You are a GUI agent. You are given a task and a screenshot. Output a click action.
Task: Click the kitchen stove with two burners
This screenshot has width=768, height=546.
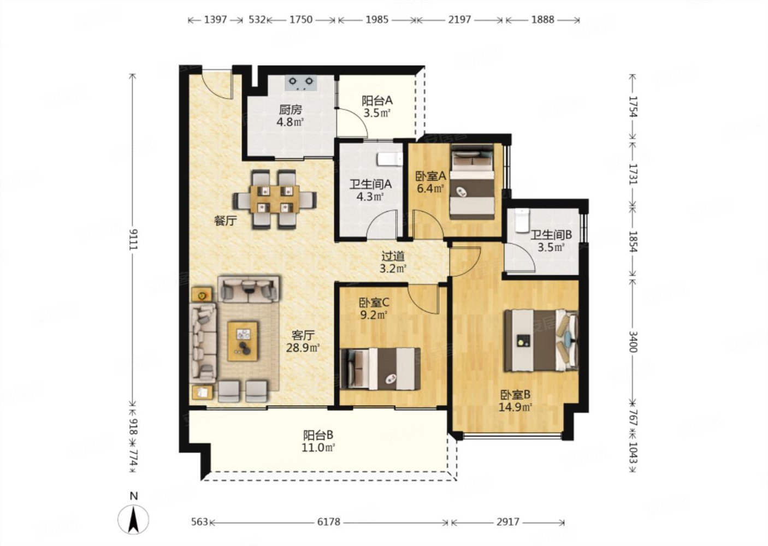coord(300,83)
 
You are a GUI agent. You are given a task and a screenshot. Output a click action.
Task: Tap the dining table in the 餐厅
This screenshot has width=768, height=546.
coord(275,199)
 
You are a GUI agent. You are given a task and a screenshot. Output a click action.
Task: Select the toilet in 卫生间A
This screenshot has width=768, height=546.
coord(390,159)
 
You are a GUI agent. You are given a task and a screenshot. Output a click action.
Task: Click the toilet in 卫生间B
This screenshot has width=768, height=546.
coord(522,220)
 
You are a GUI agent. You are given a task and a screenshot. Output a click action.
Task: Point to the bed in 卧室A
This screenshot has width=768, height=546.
coord(472,182)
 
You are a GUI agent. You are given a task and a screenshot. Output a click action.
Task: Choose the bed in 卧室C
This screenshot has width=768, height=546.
coord(381,369)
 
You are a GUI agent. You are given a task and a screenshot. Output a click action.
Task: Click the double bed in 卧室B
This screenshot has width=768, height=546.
coord(541,340)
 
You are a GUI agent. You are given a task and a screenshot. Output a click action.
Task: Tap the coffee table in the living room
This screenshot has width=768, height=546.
coord(243,341)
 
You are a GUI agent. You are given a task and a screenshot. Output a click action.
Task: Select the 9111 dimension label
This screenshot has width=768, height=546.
coord(133,239)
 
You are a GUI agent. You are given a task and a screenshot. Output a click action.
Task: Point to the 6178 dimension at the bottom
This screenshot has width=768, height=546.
coord(328,522)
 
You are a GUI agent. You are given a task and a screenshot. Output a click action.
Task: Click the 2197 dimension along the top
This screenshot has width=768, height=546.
coord(459,20)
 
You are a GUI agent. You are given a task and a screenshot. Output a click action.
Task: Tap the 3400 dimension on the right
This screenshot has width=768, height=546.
coord(633,342)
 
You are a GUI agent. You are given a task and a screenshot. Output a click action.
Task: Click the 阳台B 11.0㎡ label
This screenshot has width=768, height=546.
coord(318,441)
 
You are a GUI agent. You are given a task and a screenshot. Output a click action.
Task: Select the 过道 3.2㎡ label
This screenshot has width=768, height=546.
coord(393,262)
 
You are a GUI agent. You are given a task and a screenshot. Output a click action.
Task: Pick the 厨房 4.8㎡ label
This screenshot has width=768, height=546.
coord(291,116)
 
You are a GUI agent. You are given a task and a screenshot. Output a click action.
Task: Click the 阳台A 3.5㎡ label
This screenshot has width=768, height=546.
coord(377,106)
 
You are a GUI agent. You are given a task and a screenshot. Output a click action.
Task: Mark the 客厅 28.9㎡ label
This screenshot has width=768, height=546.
coord(303,341)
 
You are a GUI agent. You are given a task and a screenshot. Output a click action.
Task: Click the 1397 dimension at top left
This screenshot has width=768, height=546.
coord(215,20)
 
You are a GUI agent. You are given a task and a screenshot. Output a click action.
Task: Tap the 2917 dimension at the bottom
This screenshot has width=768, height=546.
coord(508,522)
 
